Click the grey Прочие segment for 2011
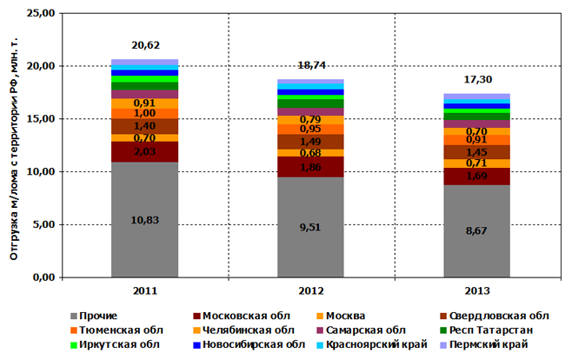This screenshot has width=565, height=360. point(144,219)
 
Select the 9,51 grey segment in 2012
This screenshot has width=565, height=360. point(310,226)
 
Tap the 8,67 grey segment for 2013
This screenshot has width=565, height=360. point(476,230)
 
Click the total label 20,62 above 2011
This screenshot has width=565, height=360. point(145,45)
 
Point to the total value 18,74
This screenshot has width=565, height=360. point(310,65)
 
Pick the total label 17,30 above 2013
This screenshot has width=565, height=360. point(476,80)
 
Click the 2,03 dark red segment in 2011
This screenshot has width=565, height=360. point(144,151)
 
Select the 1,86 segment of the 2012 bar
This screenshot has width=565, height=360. point(310,167)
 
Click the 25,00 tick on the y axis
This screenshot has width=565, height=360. point(40,14)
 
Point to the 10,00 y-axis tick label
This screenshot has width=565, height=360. point(40,172)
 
